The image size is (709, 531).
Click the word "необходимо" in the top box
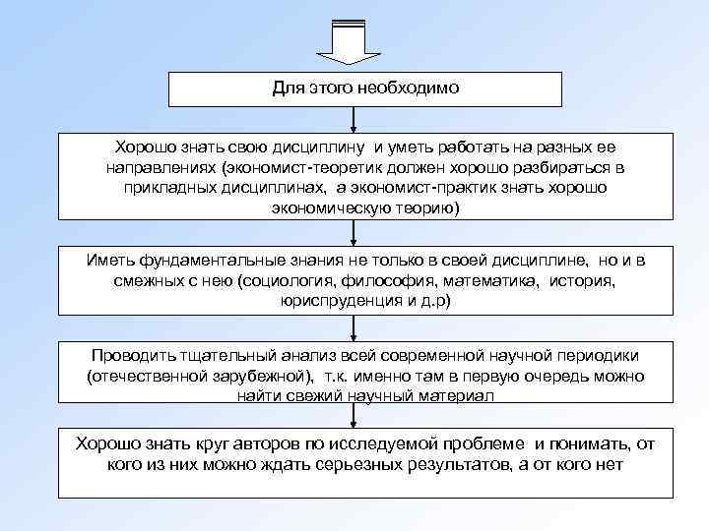click(416, 88)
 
